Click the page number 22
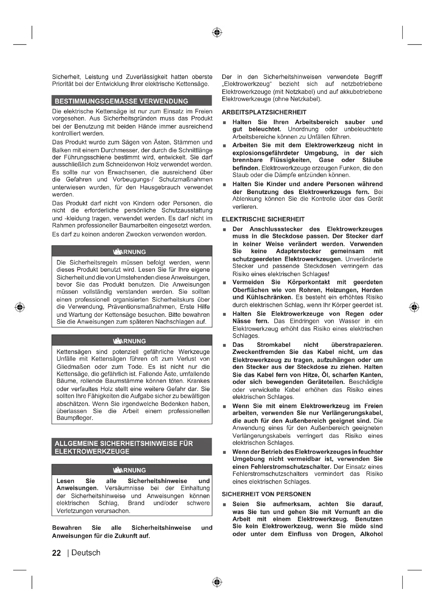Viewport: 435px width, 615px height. point(57,553)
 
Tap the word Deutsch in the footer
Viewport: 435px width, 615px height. point(86,553)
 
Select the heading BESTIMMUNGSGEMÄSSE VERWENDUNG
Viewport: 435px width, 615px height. point(121,101)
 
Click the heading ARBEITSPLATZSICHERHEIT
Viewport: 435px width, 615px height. point(264,113)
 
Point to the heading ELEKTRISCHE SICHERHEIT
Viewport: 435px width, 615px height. point(263,219)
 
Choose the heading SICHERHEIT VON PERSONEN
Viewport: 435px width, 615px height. point(266,494)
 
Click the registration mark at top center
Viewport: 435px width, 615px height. point(217,32)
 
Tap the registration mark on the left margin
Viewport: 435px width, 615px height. point(20,307)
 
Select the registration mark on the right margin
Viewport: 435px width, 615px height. point(414,307)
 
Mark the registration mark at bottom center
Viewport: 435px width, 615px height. point(217,582)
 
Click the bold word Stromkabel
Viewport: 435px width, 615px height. point(274,345)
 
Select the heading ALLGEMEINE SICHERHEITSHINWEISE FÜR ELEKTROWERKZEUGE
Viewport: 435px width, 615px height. point(124,447)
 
